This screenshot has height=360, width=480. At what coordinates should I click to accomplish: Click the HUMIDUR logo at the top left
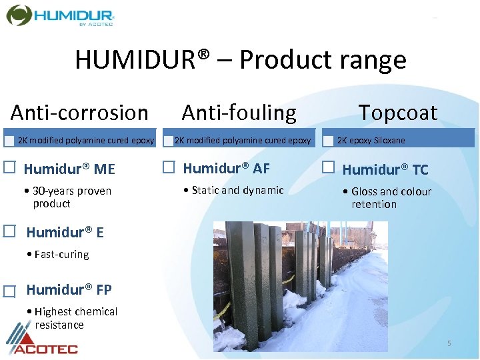pyautogui.click(x=61, y=15)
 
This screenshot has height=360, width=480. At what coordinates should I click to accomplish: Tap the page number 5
pyautogui.click(x=449, y=343)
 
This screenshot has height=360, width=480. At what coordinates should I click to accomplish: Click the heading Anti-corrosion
pyautogui.click(x=79, y=113)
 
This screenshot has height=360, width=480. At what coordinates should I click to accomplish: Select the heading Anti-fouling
pyautogui.click(x=239, y=113)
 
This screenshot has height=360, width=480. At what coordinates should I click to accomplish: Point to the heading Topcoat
pyautogui.click(x=398, y=113)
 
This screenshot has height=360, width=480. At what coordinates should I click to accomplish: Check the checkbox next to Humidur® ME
pyautogui.click(x=10, y=167)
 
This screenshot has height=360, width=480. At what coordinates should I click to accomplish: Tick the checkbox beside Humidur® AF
pyautogui.click(x=169, y=167)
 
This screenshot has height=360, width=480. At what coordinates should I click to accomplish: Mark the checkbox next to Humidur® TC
pyautogui.click(x=329, y=167)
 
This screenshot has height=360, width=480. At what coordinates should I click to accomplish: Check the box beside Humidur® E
pyautogui.click(x=10, y=231)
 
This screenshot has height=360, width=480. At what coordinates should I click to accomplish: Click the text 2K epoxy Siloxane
pyautogui.click(x=371, y=141)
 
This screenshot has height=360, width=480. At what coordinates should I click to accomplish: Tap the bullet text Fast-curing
pyautogui.click(x=61, y=254)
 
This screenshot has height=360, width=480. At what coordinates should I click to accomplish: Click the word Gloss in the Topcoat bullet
pyautogui.click(x=365, y=191)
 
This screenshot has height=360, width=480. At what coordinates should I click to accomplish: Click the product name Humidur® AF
pyautogui.click(x=226, y=168)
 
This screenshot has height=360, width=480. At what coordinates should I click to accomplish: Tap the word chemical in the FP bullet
pyautogui.click(x=96, y=311)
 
